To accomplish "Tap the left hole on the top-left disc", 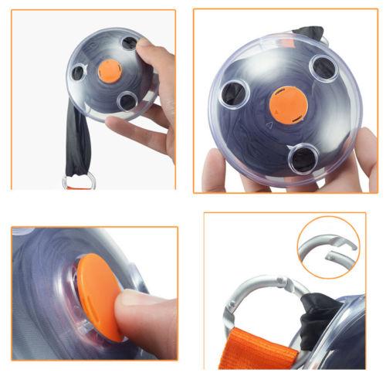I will point(78,73).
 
